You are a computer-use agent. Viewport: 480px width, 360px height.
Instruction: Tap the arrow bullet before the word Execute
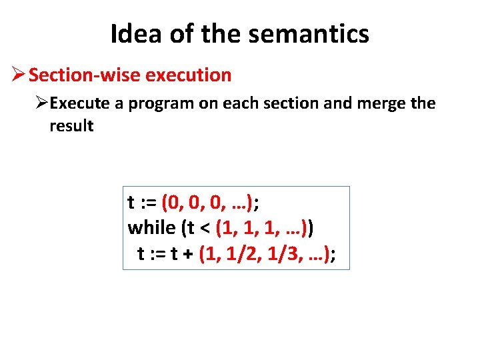(x=41, y=104)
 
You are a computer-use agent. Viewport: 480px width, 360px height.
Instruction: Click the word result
(x=71, y=126)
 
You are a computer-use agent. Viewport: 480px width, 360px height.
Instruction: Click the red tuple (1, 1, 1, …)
(x=261, y=227)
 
